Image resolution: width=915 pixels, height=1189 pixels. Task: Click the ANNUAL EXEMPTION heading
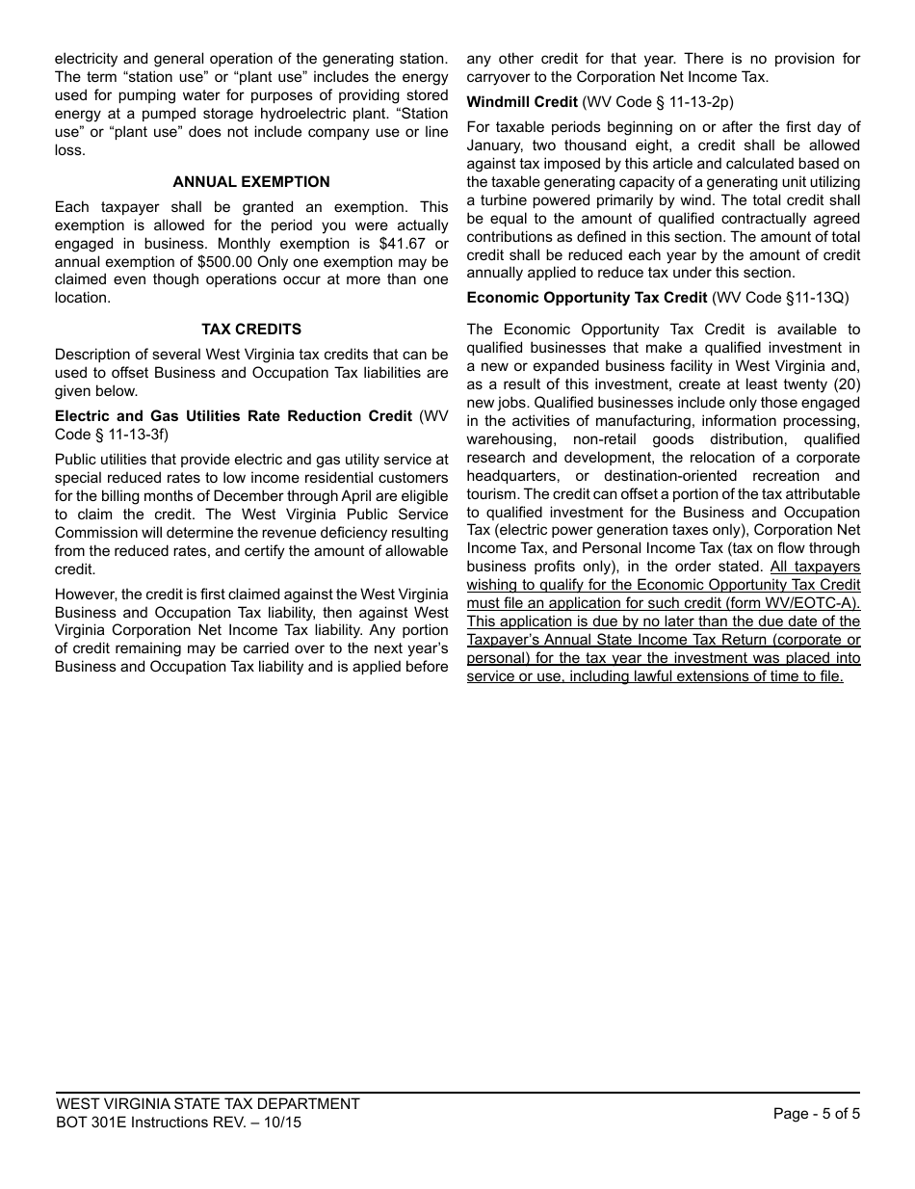[x=251, y=182]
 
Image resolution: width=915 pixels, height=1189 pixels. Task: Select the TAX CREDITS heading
[x=251, y=330]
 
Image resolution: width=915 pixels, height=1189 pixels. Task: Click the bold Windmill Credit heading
[x=522, y=102]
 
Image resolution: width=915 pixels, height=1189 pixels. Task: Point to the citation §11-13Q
[x=815, y=298]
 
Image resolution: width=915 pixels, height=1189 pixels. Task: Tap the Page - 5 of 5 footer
[x=816, y=1114]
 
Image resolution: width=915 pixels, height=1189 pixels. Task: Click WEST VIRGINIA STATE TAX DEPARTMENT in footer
[x=208, y=1104]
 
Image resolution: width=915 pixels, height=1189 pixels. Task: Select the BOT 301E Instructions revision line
[x=178, y=1123]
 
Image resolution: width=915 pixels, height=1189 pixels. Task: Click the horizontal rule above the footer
[x=457, y=1093]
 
